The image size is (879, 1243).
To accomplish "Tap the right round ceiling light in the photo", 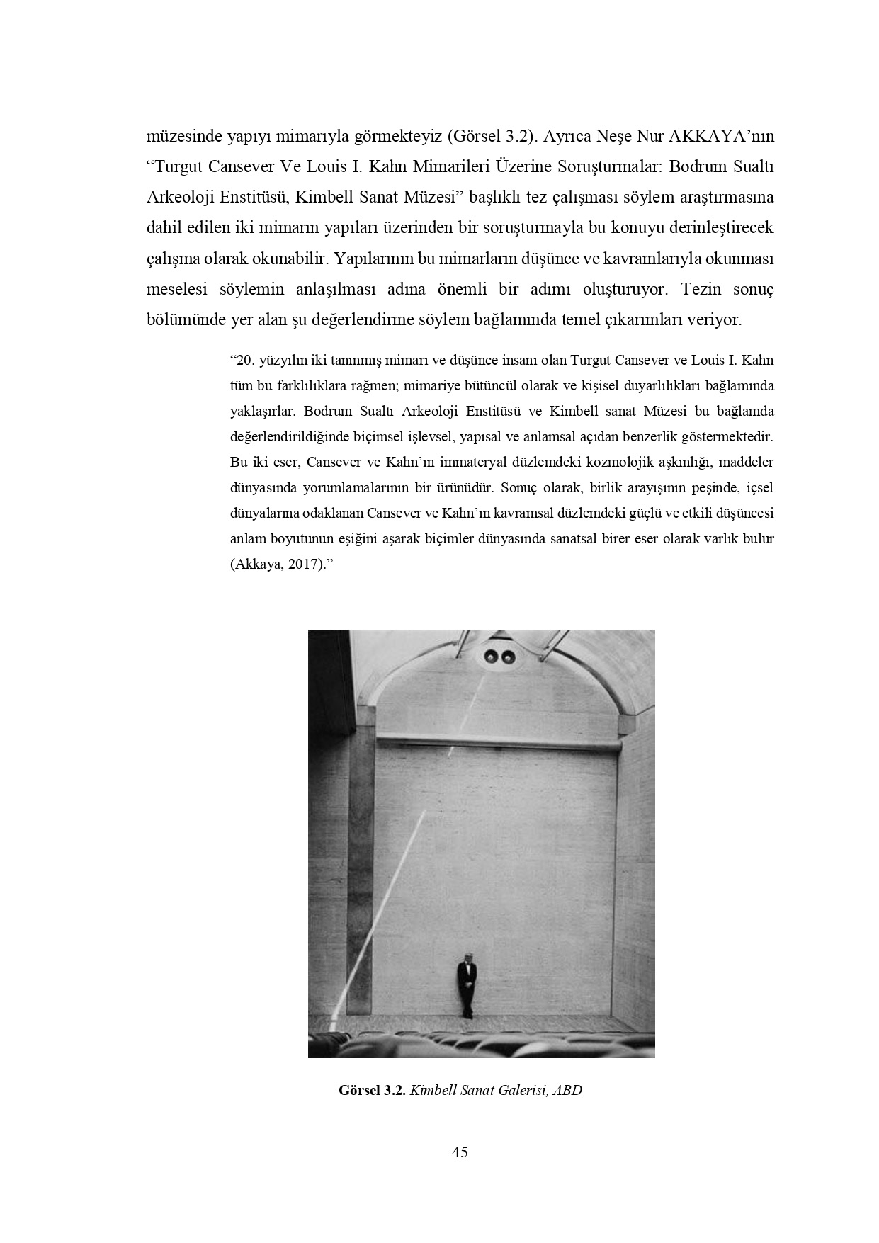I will click(507, 658).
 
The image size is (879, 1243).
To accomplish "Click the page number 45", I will click(460, 1152).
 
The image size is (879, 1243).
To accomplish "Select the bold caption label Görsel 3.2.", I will click(372, 1090).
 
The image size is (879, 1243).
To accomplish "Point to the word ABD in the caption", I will click(567, 1090).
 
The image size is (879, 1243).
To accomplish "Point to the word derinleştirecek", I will click(724, 229).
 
